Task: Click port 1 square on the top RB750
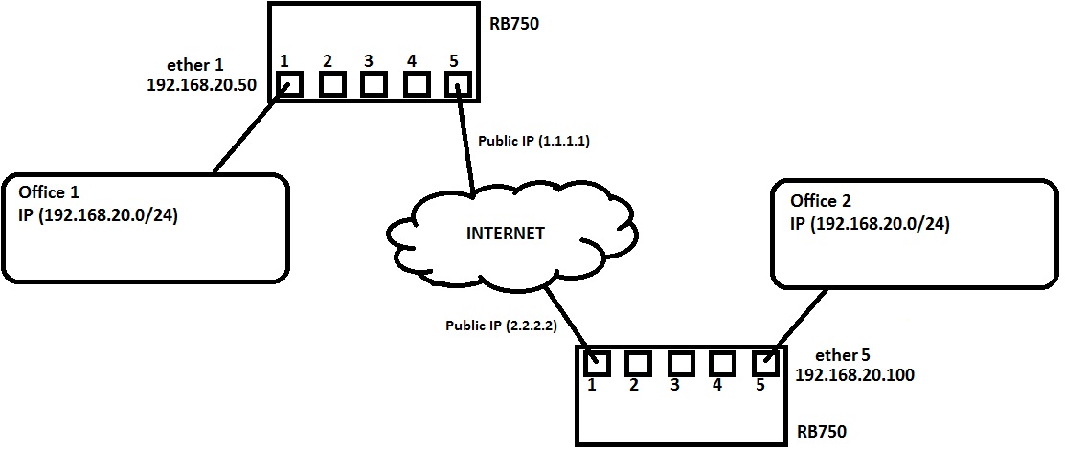(x=288, y=84)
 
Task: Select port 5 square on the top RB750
(x=459, y=84)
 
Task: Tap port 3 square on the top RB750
(x=373, y=84)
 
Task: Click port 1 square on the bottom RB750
(x=598, y=363)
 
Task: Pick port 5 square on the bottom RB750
(x=763, y=363)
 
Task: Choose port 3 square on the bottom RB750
(x=680, y=363)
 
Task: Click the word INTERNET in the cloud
(x=505, y=233)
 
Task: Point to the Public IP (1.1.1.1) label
(x=532, y=141)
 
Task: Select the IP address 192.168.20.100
(x=854, y=375)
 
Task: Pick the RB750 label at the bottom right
(x=822, y=431)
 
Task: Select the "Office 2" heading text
(x=821, y=201)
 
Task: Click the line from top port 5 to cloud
(x=466, y=144)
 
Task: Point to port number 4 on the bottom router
(x=716, y=387)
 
